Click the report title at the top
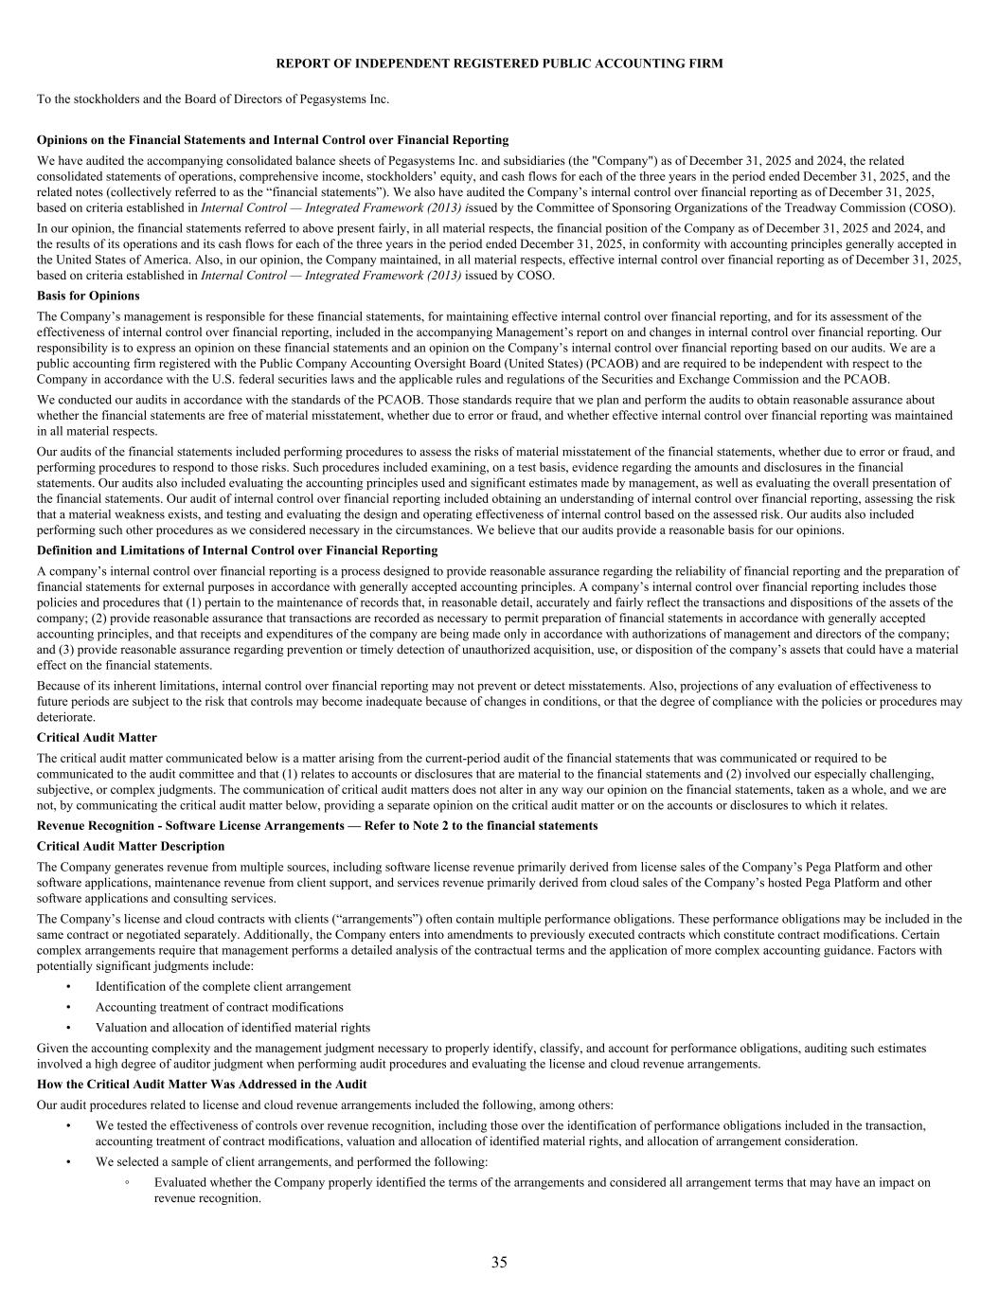(499, 63)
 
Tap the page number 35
(499, 1262)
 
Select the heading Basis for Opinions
(88, 296)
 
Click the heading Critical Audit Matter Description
(131, 846)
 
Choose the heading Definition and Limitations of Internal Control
(237, 550)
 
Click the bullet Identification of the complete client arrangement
(223, 986)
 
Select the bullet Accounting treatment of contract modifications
(219, 1007)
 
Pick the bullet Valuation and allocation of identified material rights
(232, 1028)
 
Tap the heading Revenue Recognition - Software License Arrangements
(317, 825)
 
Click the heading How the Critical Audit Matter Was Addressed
(202, 1084)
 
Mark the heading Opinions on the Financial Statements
(273, 139)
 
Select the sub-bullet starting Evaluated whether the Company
(542, 1190)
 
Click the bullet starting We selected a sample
(292, 1161)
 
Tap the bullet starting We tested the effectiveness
(510, 1133)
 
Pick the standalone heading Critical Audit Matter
(97, 737)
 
